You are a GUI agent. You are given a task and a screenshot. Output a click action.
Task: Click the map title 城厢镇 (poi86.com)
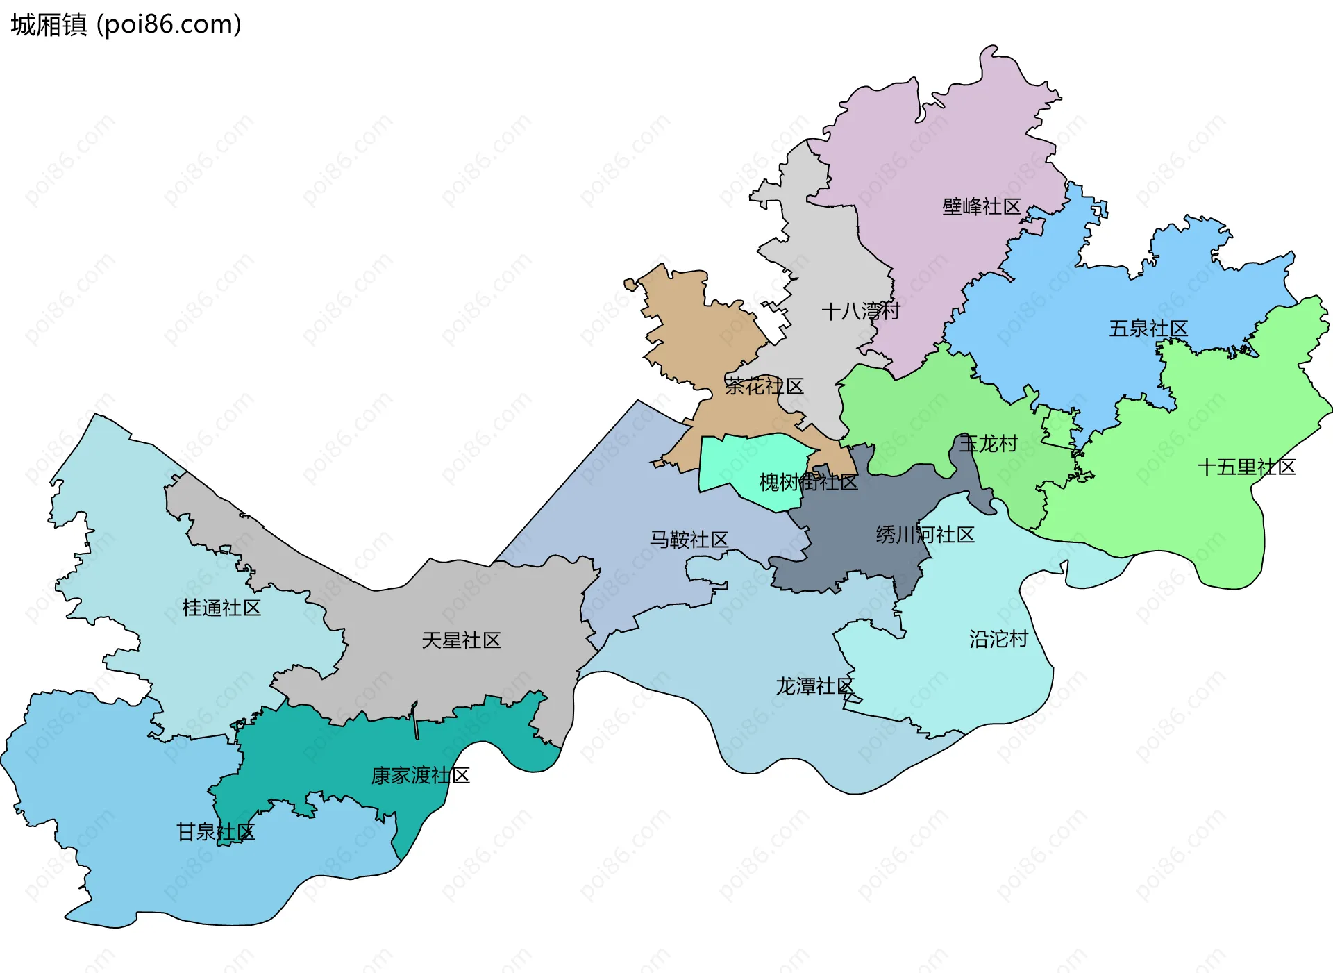tap(126, 24)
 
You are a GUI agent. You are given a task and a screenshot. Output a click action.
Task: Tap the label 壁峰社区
tap(981, 206)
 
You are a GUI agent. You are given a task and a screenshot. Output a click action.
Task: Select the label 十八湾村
tap(860, 310)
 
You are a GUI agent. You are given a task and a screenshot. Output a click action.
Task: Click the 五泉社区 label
tap(1148, 328)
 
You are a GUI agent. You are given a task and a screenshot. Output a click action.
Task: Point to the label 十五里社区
tap(1246, 467)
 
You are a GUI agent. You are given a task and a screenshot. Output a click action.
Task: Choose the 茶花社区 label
tap(764, 386)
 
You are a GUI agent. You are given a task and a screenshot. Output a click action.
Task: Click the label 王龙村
tap(988, 443)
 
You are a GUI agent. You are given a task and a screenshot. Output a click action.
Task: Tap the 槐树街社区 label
tap(808, 482)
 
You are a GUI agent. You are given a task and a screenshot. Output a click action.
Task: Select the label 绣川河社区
tap(925, 535)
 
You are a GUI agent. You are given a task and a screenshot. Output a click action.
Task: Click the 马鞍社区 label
tap(689, 539)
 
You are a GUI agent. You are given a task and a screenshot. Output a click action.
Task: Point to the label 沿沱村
tap(998, 639)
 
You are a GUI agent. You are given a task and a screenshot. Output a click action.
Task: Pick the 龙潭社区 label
tap(814, 686)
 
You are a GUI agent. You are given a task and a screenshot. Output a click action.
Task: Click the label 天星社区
tap(461, 640)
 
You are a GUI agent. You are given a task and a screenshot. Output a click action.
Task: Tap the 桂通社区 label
tap(221, 608)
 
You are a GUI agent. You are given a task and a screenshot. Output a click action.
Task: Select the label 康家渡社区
tap(420, 775)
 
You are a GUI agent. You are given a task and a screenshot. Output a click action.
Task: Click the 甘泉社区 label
tap(215, 831)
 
